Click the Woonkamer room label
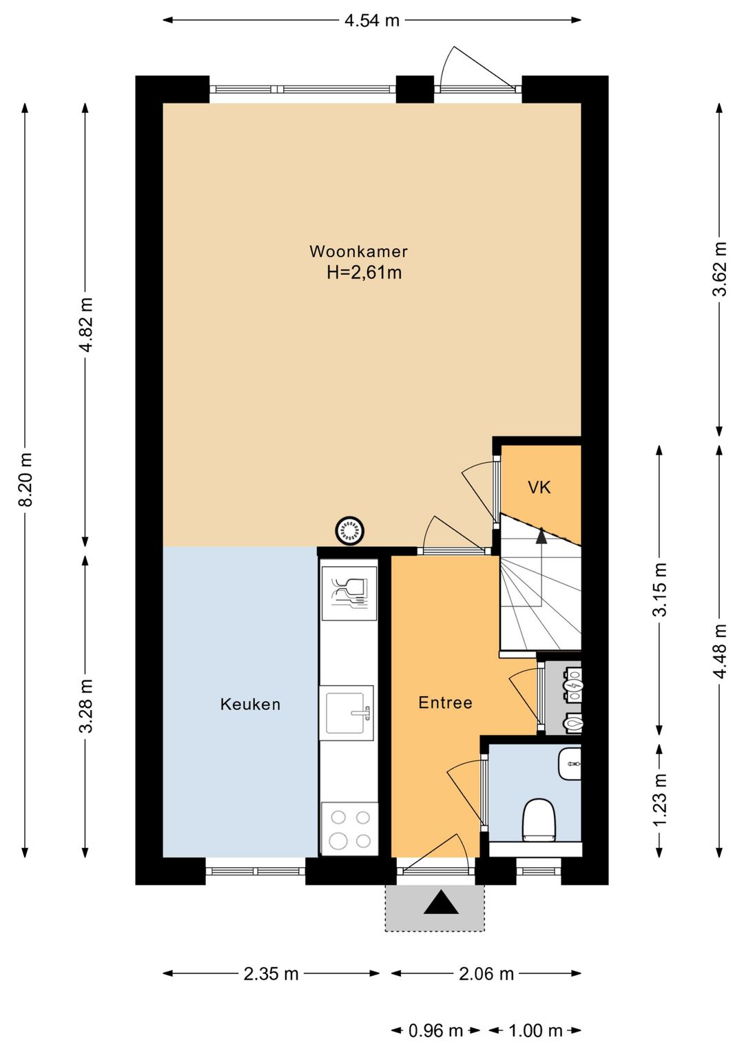(358, 251)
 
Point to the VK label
(539, 488)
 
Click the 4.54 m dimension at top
(372, 21)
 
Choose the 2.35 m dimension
(271, 974)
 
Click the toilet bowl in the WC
(540, 820)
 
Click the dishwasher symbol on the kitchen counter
(349, 593)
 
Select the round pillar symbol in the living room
(350, 530)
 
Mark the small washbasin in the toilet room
(570, 764)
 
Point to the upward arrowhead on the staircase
(541, 535)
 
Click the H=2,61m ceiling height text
(364, 273)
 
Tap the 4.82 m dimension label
(86, 324)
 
